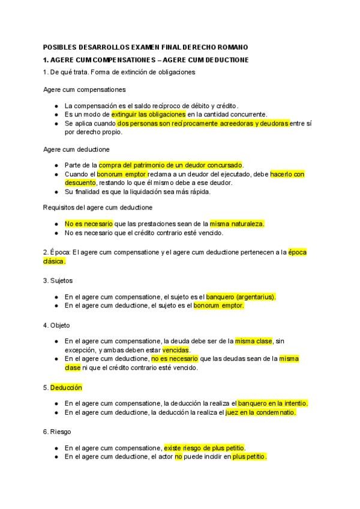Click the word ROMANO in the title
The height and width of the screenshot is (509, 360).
[232, 47]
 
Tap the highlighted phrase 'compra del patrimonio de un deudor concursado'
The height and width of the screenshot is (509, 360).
[171, 164]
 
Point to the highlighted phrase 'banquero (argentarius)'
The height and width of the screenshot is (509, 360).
[241, 297]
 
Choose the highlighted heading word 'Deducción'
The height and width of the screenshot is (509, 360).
[66, 387]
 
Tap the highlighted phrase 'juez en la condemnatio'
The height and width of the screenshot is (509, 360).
[260, 412]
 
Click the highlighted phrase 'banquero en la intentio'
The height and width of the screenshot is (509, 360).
[272, 403]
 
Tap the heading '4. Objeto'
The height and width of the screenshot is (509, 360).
[57, 325]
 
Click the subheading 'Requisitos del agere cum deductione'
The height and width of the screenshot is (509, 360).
[98, 207]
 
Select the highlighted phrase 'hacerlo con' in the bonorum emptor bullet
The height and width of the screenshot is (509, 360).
[287, 174]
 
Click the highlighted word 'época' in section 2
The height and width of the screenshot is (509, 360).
[297, 252]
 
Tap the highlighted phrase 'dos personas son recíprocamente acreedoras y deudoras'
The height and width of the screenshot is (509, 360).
[203, 123]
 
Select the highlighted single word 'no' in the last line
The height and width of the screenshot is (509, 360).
[178, 457]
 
